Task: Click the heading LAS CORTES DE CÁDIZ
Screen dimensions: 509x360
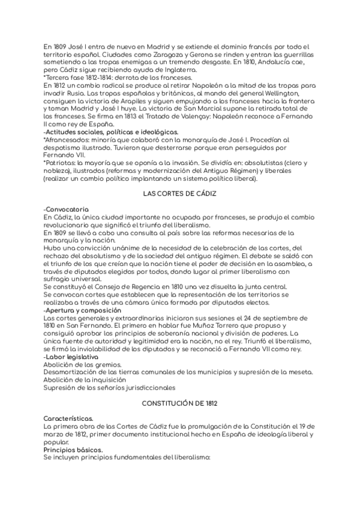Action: [179, 194]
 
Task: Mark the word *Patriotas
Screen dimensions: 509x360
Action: [62, 163]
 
